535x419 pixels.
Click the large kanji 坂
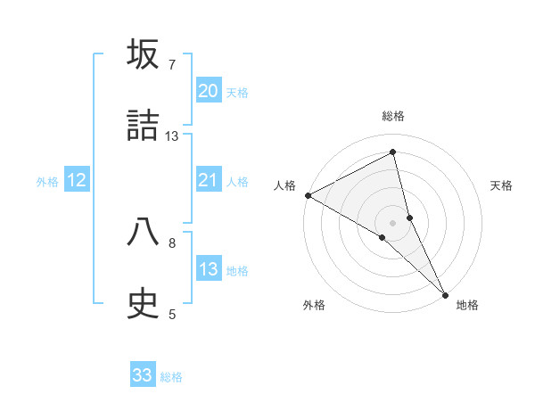pyautogui.click(x=144, y=54)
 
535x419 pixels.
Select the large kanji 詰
pyautogui.click(x=144, y=126)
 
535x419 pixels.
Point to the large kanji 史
pyautogui.click(x=144, y=304)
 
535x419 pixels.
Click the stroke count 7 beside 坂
pyautogui.click(x=172, y=64)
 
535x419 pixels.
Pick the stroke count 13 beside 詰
pyautogui.click(x=172, y=136)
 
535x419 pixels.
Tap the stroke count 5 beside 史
pyautogui.click(x=172, y=314)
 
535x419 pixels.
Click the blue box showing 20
pyautogui.click(x=209, y=91)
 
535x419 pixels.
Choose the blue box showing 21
pyautogui.click(x=209, y=180)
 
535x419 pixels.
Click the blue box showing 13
pyautogui.click(x=209, y=269)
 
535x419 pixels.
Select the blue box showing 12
pyautogui.click(x=77, y=180)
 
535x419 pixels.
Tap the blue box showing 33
pyautogui.click(x=143, y=375)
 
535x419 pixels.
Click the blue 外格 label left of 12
pyautogui.click(x=47, y=182)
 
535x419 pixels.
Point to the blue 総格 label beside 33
pyautogui.click(x=171, y=377)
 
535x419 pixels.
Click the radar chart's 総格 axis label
pyautogui.click(x=393, y=116)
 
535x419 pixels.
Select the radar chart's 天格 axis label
pyautogui.click(x=502, y=185)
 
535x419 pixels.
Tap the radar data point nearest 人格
pyautogui.click(x=308, y=194)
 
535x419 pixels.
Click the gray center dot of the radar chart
pyautogui.click(x=393, y=222)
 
